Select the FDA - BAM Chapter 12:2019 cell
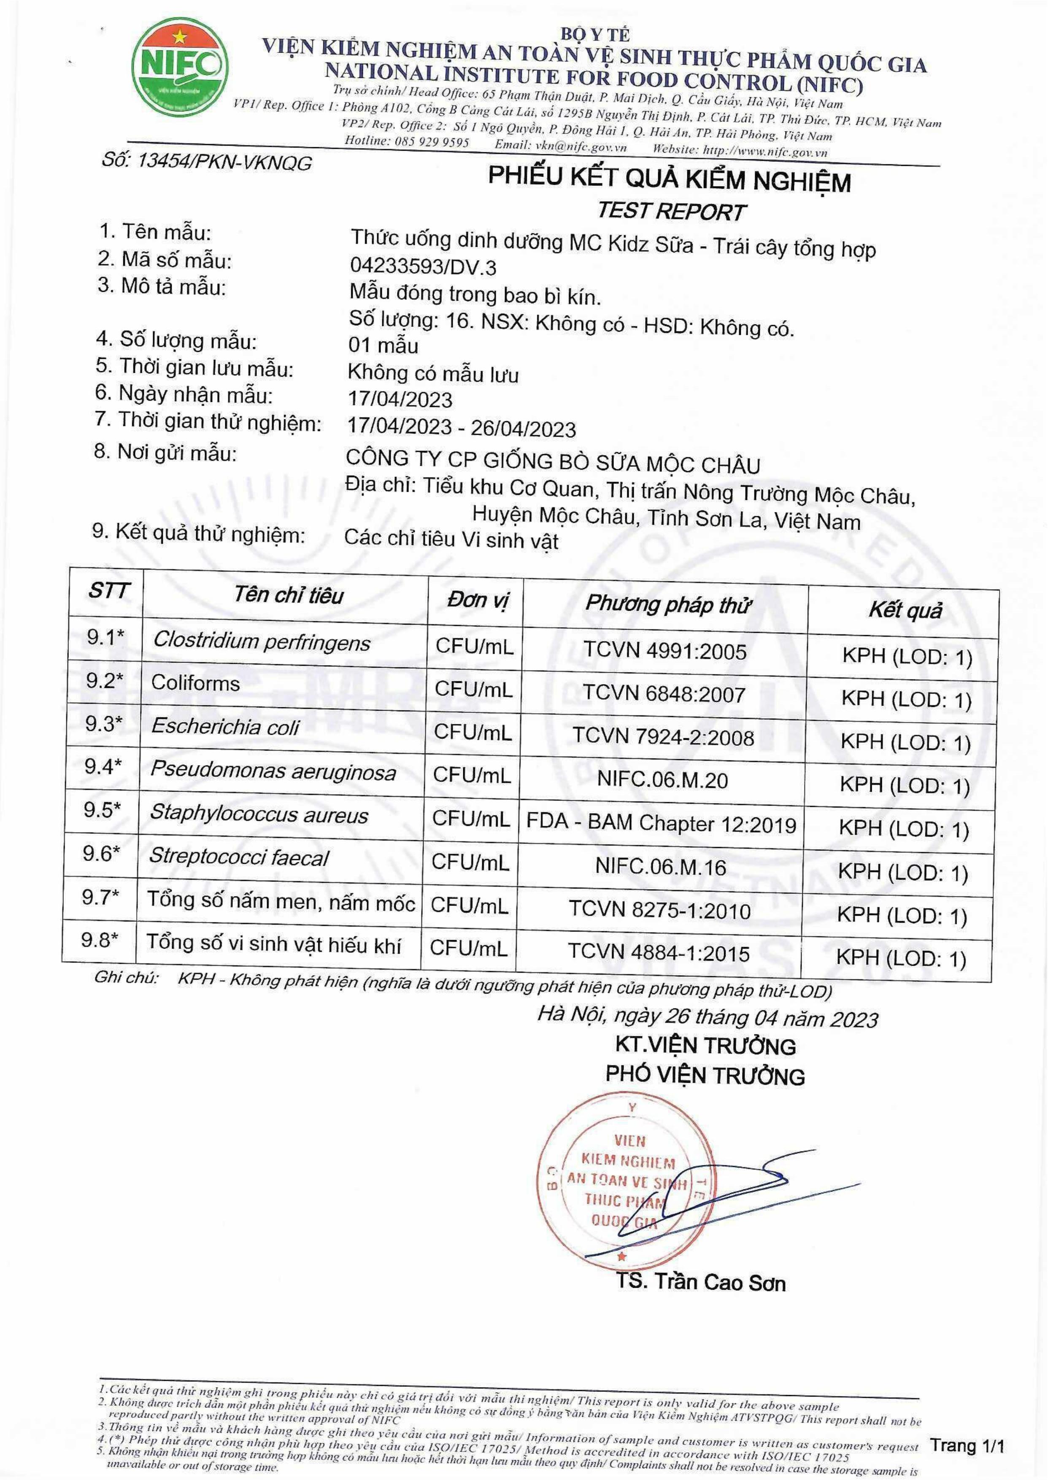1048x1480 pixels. tap(662, 824)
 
